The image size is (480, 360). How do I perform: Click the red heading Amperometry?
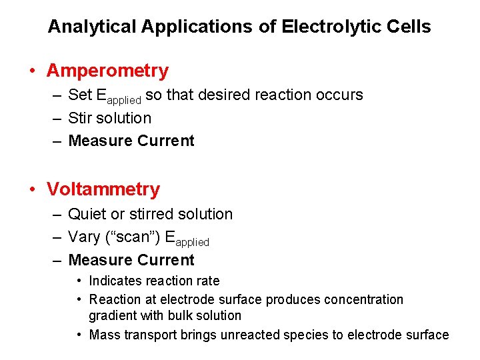click(x=107, y=71)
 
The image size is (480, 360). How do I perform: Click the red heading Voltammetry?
click(x=103, y=189)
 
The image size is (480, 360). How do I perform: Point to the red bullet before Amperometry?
click(x=32, y=71)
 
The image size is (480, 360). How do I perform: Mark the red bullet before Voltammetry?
click(x=32, y=189)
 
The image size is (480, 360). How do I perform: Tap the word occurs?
click(x=339, y=95)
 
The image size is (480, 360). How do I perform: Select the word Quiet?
click(x=87, y=214)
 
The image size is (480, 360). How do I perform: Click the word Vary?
click(x=84, y=237)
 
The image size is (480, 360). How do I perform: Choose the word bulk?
click(x=177, y=315)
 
